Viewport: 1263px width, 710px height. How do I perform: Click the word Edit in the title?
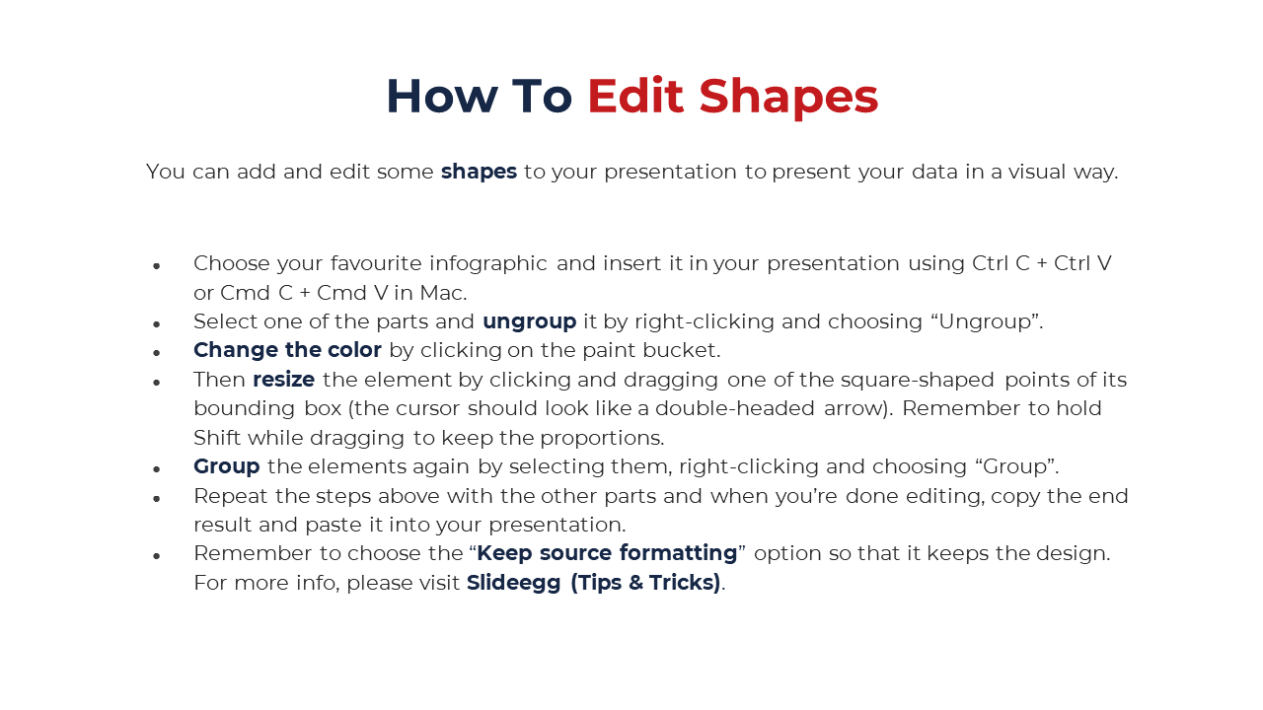click(x=635, y=96)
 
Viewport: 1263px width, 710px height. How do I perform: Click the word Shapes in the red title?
click(x=788, y=98)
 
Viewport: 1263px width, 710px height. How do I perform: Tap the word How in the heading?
click(x=441, y=97)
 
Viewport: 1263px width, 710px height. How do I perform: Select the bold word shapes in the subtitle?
click(x=479, y=172)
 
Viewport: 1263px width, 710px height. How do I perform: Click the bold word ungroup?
click(x=530, y=322)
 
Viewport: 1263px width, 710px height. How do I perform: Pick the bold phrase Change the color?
click(x=287, y=350)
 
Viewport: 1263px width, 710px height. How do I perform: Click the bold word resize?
click(x=283, y=380)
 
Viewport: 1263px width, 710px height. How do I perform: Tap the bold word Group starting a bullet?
click(x=227, y=467)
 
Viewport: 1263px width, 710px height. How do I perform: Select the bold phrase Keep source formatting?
click(x=607, y=554)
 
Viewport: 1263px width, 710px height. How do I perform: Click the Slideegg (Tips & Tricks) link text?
click(x=594, y=583)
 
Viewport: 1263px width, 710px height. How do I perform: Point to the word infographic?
click(x=488, y=264)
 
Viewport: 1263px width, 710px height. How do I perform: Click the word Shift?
click(x=217, y=438)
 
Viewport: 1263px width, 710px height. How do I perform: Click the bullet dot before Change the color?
click(x=157, y=353)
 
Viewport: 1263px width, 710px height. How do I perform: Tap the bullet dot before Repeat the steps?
click(x=157, y=499)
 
